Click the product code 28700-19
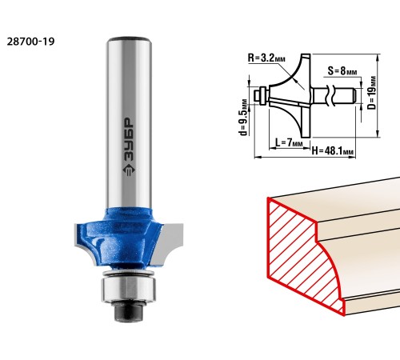[x=30, y=42]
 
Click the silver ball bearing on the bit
[x=129, y=289]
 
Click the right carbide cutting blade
[x=167, y=244]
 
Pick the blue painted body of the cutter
[x=120, y=238]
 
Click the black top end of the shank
[x=130, y=39]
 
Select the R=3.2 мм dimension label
[x=266, y=58]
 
